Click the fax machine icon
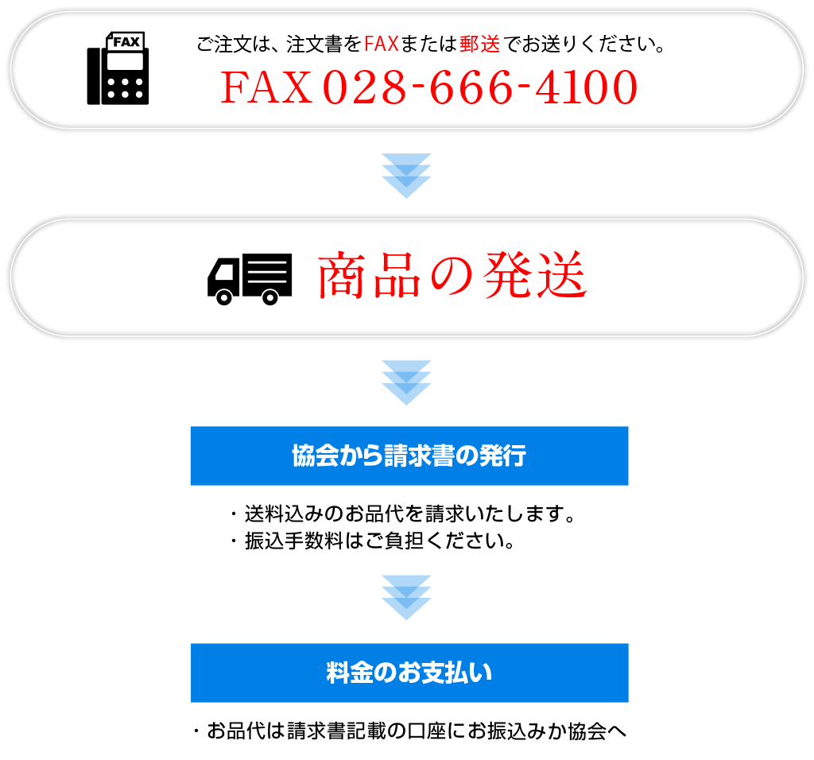(126, 67)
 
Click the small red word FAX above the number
(382, 45)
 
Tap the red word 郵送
(479, 45)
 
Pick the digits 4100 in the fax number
(586, 87)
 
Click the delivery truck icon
(250, 281)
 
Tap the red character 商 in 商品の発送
(340, 276)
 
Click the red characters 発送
(535, 276)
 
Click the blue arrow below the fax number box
(406, 176)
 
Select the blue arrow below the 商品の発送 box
(406, 382)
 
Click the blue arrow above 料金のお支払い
(406, 597)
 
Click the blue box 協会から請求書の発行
(409, 456)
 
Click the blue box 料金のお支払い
(409, 673)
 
